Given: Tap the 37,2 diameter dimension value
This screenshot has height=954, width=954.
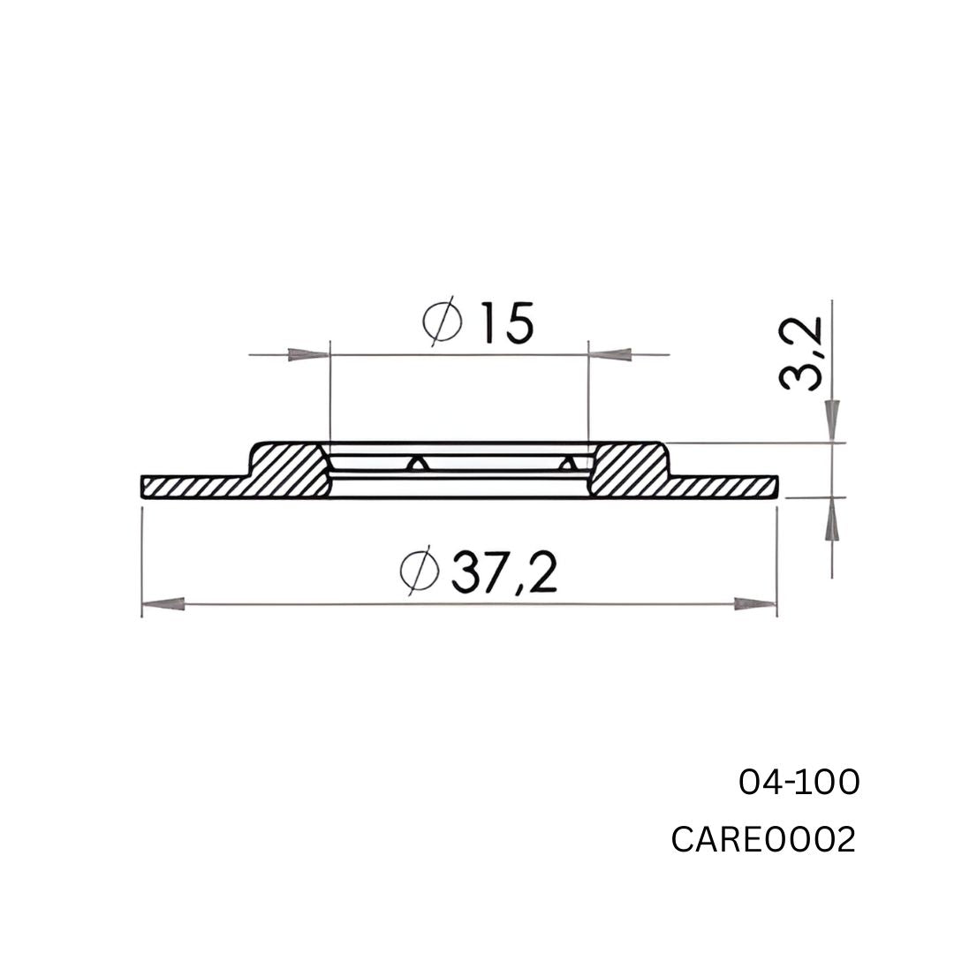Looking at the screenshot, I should pyautogui.click(x=503, y=572).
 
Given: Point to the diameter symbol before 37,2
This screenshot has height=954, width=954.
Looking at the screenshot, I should pyautogui.click(x=420, y=572).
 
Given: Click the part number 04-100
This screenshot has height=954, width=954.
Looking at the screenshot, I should pyautogui.click(x=799, y=782).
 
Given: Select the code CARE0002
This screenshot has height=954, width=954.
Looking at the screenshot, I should pyautogui.click(x=763, y=839).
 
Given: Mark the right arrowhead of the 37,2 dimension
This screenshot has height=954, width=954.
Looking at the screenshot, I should pyautogui.click(x=753, y=604).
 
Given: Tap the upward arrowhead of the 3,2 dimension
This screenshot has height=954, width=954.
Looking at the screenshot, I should pyautogui.click(x=832, y=523).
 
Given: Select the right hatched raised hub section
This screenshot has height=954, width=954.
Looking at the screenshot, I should pyautogui.click(x=628, y=469).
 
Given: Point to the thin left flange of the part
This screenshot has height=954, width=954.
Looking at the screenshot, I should pyautogui.click(x=190, y=487).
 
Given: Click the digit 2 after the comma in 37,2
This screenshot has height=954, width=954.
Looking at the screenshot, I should pyautogui.click(x=542, y=572).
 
